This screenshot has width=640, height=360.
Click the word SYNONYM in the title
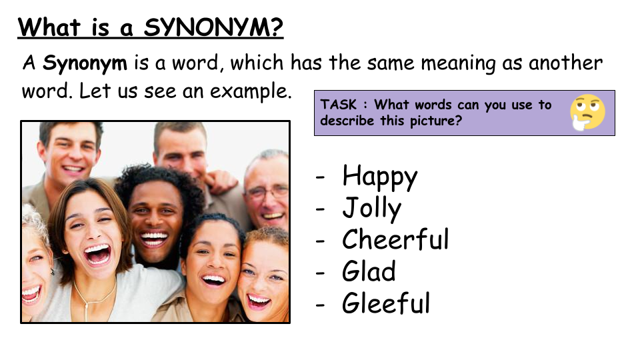click(x=213, y=27)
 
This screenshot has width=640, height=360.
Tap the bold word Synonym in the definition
click(x=85, y=64)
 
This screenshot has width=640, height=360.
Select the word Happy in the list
click(x=379, y=177)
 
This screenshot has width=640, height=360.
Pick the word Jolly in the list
click(x=371, y=209)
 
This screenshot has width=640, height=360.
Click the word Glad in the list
click(x=369, y=271)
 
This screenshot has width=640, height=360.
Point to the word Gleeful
click(x=386, y=303)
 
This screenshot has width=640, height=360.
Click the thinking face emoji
click(x=588, y=112)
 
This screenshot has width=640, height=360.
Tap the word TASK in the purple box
click(x=339, y=105)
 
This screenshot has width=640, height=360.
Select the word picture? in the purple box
click(x=435, y=121)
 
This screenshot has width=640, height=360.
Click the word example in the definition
click(x=251, y=91)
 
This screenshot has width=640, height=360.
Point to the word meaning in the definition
click(x=457, y=64)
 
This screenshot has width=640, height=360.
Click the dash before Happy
click(x=321, y=177)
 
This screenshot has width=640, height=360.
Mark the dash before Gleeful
click(x=321, y=304)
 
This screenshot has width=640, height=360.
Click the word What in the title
click(x=49, y=28)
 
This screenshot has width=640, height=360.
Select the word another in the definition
click(x=565, y=63)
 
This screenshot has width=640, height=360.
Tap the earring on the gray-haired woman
click(x=52, y=271)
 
